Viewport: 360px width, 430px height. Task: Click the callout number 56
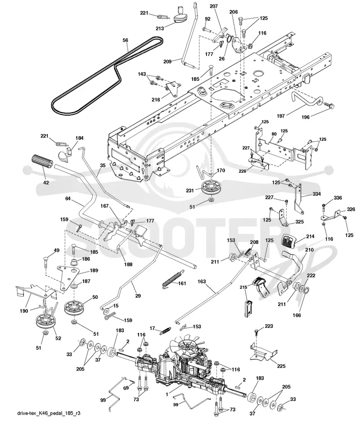click(x=125, y=40)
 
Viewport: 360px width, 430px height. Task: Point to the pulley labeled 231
click(x=211, y=188)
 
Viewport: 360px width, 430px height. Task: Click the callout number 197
click(x=281, y=116)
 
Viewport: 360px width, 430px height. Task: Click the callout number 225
click(x=281, y=366)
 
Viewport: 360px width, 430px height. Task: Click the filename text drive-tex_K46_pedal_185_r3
click(x=49, y=413)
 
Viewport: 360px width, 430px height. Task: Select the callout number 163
click(x=202, y=282)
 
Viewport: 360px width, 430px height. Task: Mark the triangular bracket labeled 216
click(x=172, y=88)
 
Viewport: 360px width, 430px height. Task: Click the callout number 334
click(x=317, y=194)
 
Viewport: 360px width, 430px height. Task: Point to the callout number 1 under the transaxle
click(x=167, y=394)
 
